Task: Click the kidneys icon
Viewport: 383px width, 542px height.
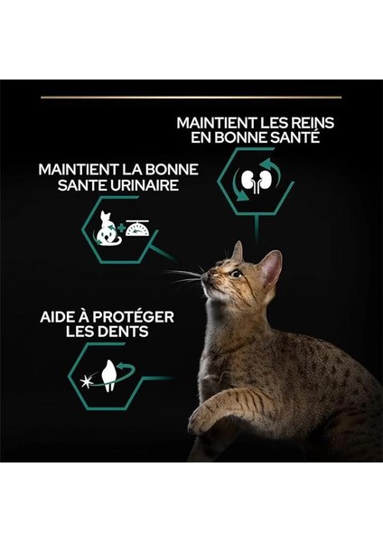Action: (257, 181)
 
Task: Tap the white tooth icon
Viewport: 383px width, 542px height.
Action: (109, 376)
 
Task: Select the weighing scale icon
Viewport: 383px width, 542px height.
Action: (137, 228)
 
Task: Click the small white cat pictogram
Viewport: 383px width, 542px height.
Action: (107, 229)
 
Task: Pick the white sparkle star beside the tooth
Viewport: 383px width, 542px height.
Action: (86, 381)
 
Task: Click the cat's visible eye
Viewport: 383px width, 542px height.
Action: (237, 274)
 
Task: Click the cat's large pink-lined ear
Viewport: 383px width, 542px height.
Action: (270, 268)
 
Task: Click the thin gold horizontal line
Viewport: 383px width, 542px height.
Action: (191, 98)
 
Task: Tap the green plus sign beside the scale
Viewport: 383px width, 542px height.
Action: (121, 228)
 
